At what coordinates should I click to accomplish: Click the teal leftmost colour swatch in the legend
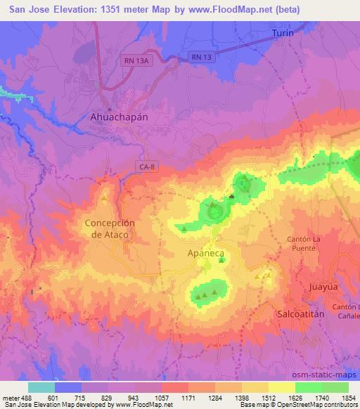pos(41,387)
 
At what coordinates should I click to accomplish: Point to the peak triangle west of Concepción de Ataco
pos(104,200)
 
